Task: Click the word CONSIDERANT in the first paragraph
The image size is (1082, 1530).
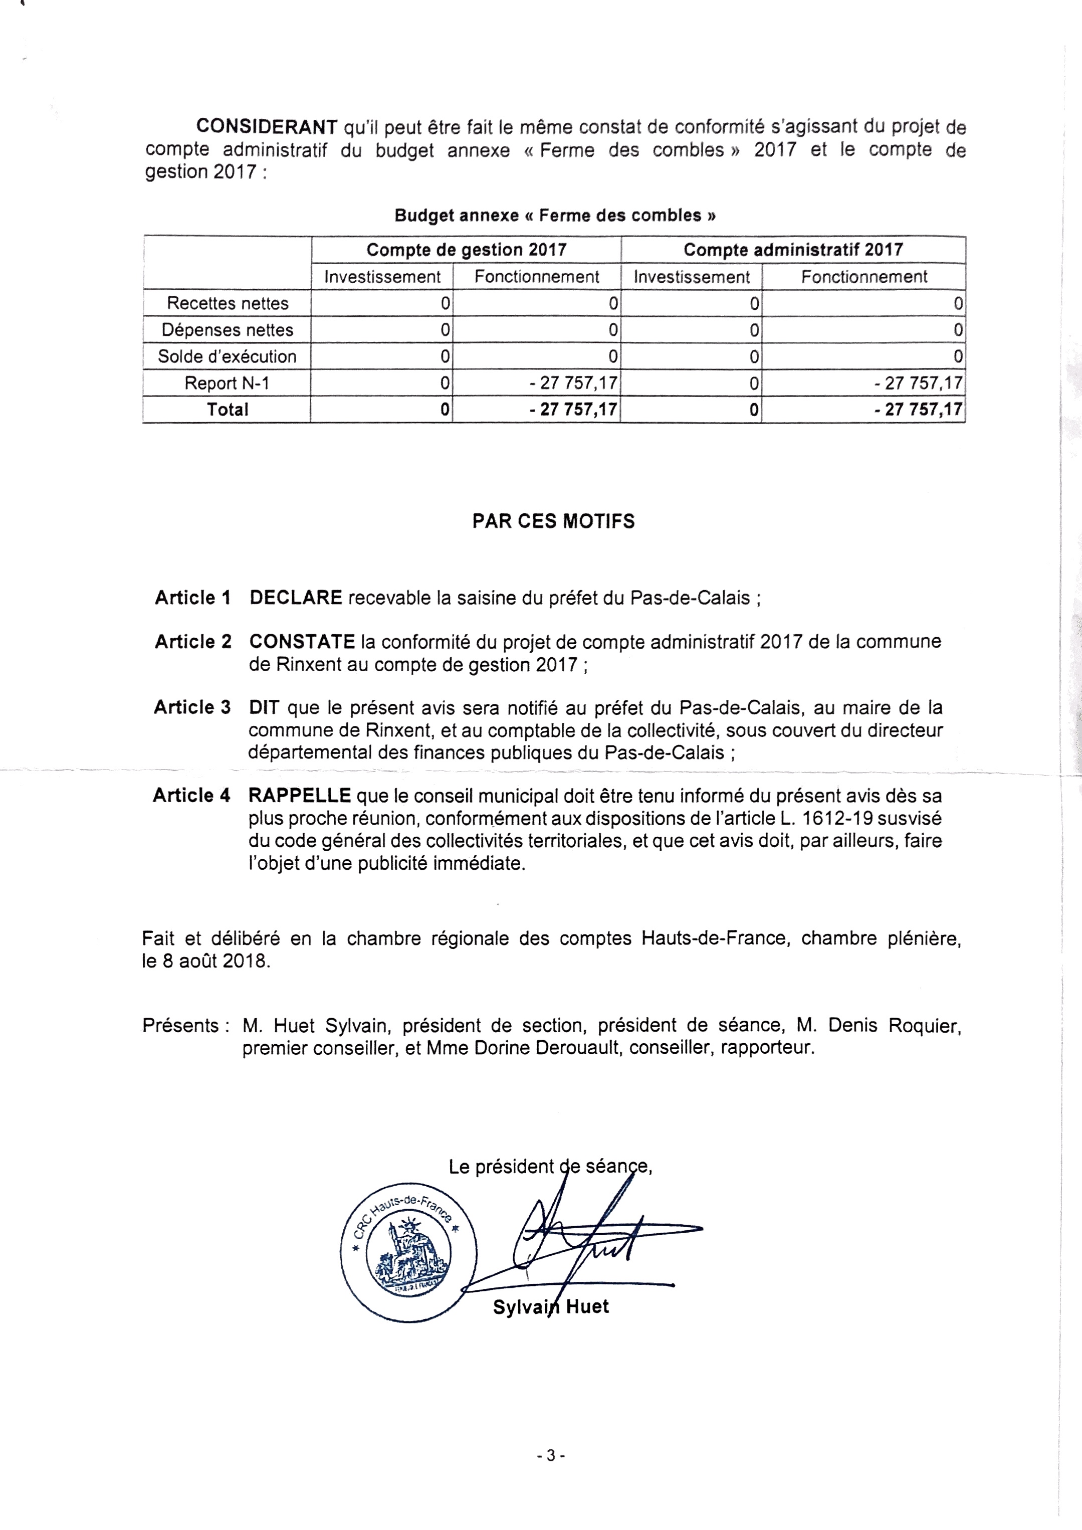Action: [267, 127]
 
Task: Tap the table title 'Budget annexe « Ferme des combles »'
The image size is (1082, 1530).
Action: [555, 215]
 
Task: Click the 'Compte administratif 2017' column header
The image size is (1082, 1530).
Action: [793, 250]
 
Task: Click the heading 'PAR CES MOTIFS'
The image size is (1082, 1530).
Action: [554, 521]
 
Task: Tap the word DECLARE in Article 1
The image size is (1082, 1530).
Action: [296, 598]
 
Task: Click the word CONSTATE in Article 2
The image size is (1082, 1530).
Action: [302, 642]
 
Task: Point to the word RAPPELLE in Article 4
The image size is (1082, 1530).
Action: [299, 795]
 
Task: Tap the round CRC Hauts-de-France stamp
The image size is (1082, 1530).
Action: [410, 1245]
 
